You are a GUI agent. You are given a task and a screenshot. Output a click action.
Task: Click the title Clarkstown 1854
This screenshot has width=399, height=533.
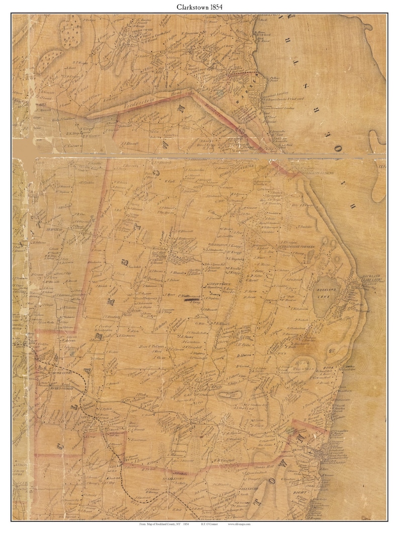pyautogui.click(x=199, y=8)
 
